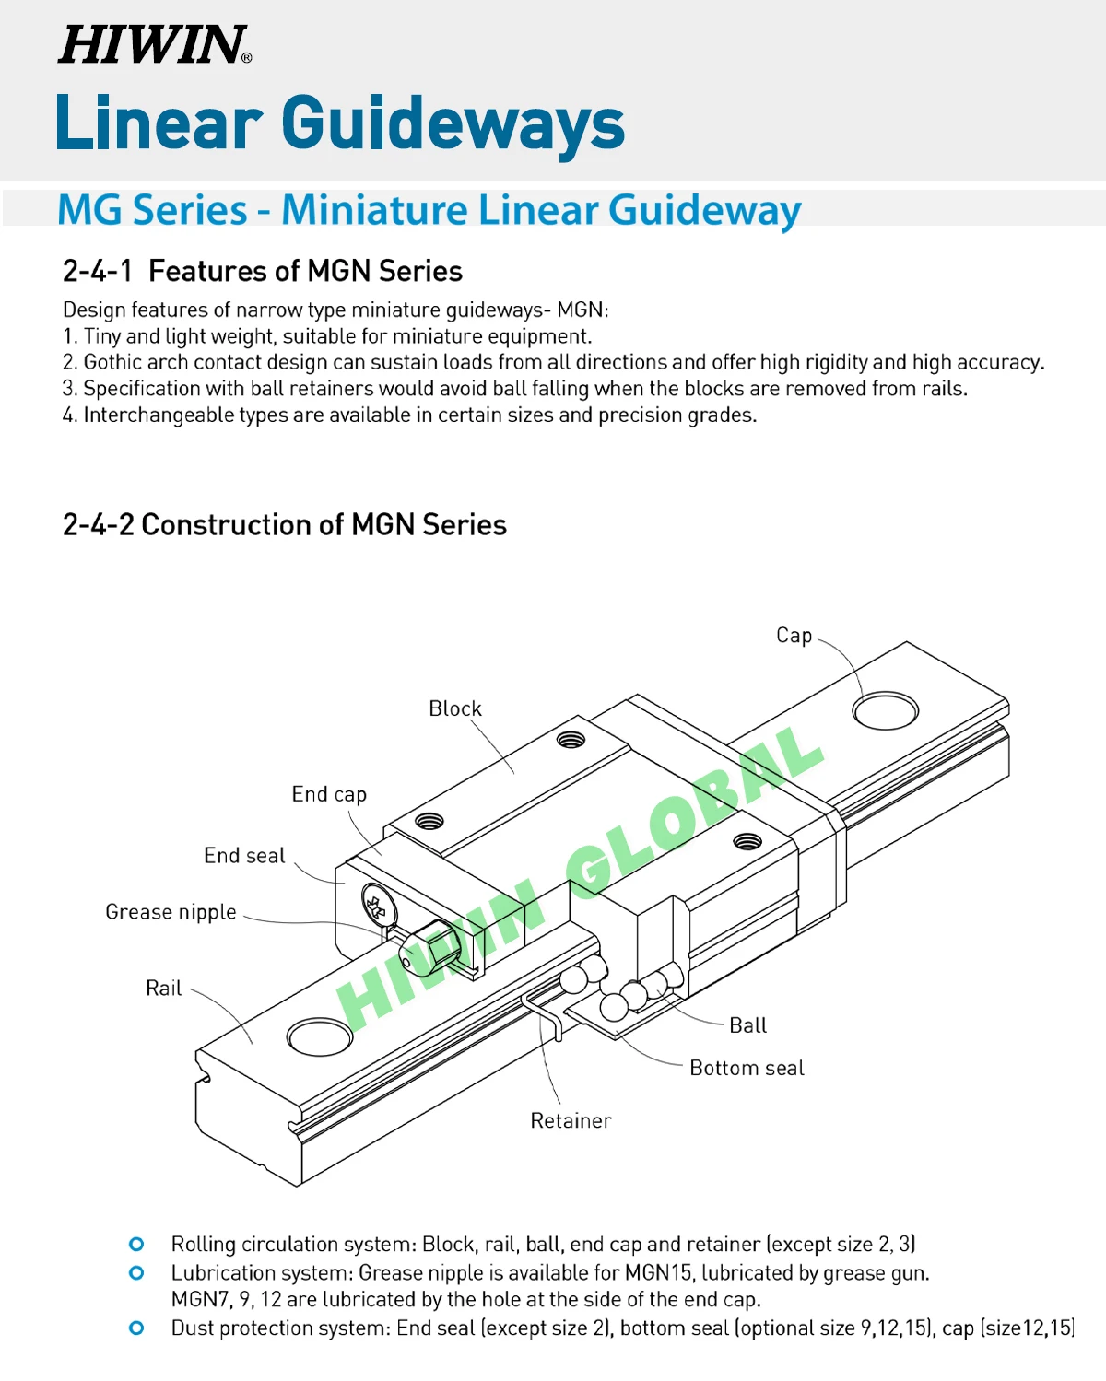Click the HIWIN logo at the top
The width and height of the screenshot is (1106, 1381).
click(x=154, y=44)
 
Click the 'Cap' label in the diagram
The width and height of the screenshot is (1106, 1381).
click(x=794, y=636)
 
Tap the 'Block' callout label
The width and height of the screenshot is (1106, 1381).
click(x=455, y=708)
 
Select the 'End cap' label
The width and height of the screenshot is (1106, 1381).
click(x=329, y=794)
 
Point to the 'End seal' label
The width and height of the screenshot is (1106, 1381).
click(x=244, y=856)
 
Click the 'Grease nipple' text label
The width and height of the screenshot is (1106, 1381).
click(x=171, y=912)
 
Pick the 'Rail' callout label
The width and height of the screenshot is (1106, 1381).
click(x=164, y=989)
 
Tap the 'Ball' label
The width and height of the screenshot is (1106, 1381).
click(x=747, y=1025)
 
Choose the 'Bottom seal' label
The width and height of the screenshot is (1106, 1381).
click(x=747, y=1068)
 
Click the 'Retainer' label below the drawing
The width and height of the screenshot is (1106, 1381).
click(x=571, y=1121)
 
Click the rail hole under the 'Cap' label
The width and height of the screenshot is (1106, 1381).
click(x=885, y=711)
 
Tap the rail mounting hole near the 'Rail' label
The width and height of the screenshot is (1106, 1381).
click(x=320, y=1036)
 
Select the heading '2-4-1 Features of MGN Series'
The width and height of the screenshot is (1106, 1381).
click(x=262, y=271)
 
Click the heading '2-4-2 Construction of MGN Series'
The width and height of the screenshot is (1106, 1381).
click(x=284, y=525)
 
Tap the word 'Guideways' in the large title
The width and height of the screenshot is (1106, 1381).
click(x=453, y=123)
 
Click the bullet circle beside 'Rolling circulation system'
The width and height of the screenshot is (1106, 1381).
click(x=136, y=1245)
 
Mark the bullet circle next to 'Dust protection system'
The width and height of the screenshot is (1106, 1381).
click(x=136, y=1328)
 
